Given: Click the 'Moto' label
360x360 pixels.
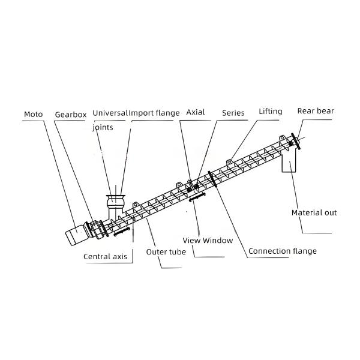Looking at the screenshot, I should coord(32,113).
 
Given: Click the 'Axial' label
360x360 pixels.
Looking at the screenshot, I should coord(196,112).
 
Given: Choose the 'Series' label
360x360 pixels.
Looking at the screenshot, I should coord(233,113).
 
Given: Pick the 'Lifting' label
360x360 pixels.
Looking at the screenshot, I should coord(270,112).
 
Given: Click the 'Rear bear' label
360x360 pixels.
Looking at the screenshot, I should coord(316,111).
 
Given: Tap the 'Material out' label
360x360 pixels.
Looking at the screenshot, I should coord(314,212).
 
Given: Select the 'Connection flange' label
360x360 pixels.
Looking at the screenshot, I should coord(282,251).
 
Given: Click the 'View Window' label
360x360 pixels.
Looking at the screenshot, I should coord(208,240).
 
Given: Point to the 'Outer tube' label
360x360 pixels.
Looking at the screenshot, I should coord(166,252).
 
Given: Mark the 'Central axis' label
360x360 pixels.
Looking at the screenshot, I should coord(105,256).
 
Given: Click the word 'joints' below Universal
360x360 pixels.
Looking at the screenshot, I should coord(103,127).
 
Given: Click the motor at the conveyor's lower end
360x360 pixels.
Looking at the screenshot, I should coord(77,233).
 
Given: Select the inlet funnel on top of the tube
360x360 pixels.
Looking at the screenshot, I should coord(114,202).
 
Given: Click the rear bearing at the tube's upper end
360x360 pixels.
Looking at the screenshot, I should coord(293,142).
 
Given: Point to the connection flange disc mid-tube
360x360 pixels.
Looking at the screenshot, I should coord(210,179).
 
